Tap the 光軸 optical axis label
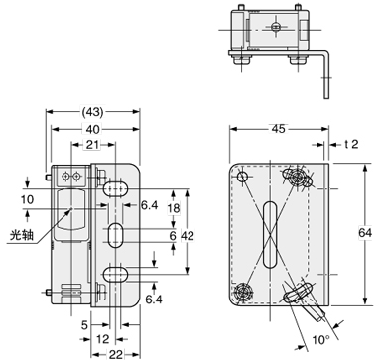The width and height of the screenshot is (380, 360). [20, 236]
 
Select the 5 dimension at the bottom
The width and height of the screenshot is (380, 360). [86, 323]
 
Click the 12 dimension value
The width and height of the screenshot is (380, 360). [103, 338]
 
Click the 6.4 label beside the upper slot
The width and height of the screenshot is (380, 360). [150, 205]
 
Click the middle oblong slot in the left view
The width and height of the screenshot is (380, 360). [116, 235]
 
